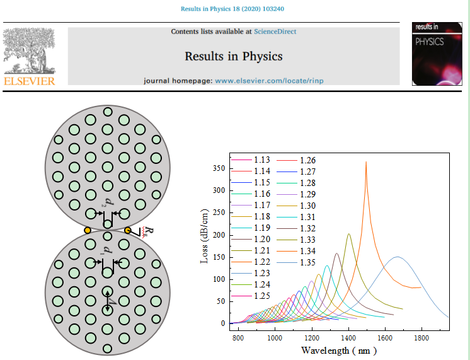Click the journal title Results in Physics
coord(233,56)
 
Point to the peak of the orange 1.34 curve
coord(366,163)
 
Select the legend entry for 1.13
coord(261,160)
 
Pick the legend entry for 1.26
coord(307,160)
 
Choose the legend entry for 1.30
coord(307,206)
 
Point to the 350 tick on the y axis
coord(218,168)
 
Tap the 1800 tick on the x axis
coord(421,338)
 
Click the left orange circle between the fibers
coord(88,231)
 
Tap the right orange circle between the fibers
coord(127,231)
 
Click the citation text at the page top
coord(234,9)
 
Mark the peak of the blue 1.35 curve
coord(398,257)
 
